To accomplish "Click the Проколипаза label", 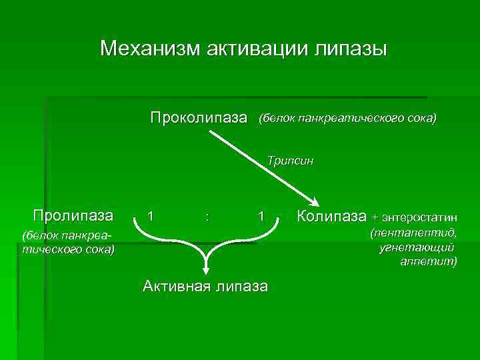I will [x=199, y=119].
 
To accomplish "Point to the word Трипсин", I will [x=290, y=161].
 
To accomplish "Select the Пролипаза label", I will [x=73, y=215].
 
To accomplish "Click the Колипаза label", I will [x=331, y=216].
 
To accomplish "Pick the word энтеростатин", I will [x=419, y=217].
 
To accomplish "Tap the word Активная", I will [x=175, y=287].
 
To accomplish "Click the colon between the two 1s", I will [x=209, y=217].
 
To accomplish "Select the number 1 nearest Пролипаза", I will [x=153, y=217].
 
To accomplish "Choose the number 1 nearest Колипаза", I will [x=262, y=217].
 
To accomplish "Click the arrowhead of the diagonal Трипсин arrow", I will [x=314, y=203].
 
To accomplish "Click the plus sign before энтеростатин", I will [x=375, y=217].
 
